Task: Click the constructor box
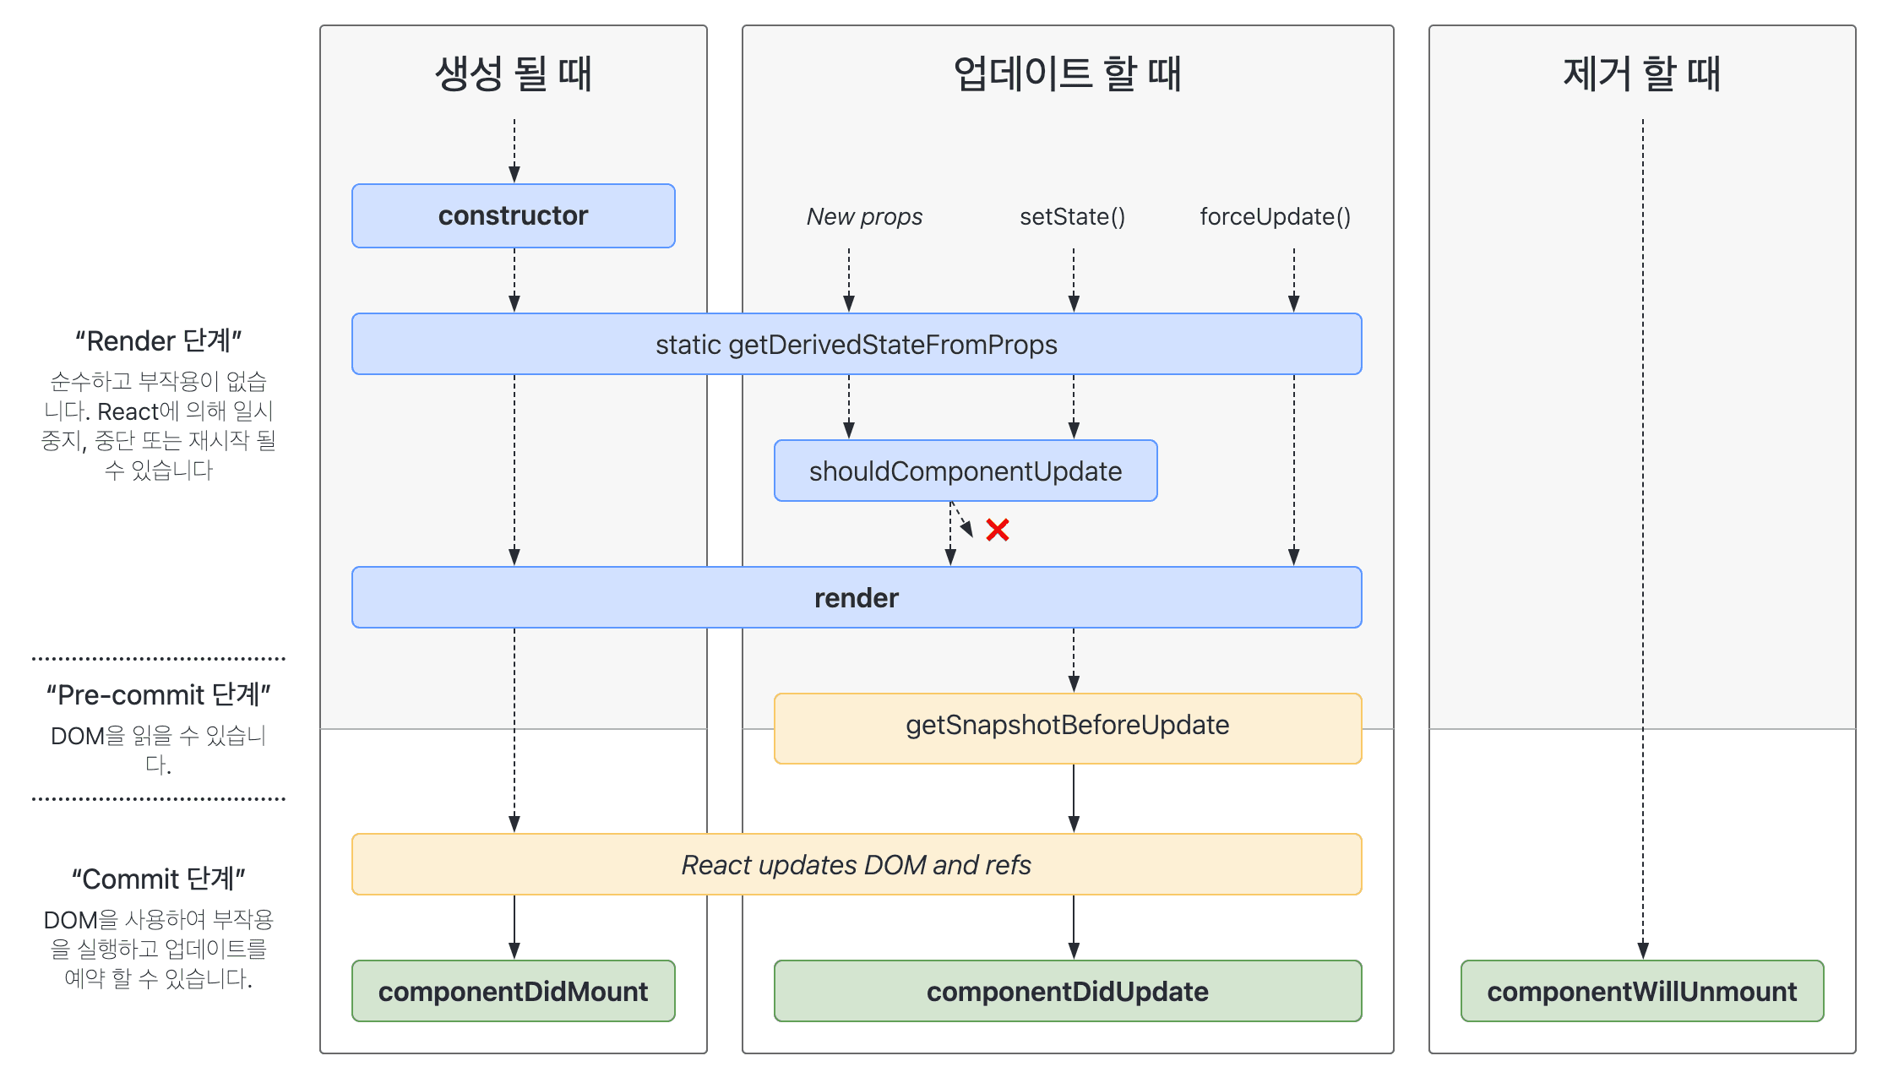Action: point(513,215)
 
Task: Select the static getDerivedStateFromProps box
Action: point(856,345)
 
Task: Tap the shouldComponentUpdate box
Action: point(965,471)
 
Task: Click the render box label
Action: point(856,598)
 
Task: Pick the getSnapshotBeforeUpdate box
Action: point(1067,726)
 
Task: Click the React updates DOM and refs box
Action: point(856,865)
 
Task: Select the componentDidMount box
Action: point(513,991)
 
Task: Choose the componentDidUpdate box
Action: point(1067,991)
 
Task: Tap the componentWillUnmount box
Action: point(1641,991)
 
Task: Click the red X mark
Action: point(997,530)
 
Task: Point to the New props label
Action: point(864,217)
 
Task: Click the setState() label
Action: point(1072,217)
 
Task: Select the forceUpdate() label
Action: point(1275,217)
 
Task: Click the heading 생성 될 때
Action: point(513,73)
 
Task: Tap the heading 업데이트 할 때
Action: point(1067,73)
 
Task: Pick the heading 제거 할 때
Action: point(1641,73)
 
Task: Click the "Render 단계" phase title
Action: point(158,341)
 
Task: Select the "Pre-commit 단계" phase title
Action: point(158,694)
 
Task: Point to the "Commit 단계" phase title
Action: point(158,879)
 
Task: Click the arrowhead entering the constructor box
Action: point(514,174)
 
